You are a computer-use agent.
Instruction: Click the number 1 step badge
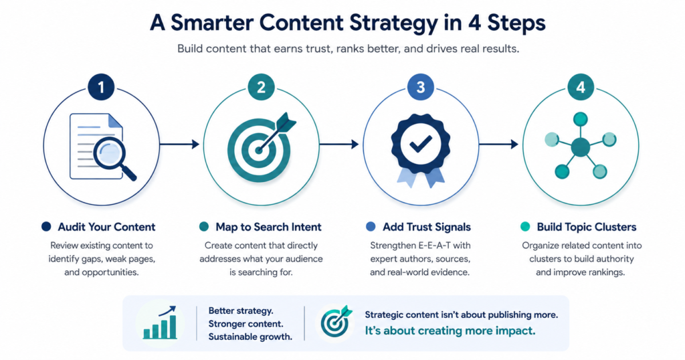[101, 88]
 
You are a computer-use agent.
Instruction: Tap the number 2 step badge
[261, 88]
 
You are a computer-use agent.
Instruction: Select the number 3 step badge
[421, 88]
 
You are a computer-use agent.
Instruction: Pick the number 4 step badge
[581, 88]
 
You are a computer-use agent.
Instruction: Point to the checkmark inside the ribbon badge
[421, 143]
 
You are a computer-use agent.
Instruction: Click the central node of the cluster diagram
[580, 147]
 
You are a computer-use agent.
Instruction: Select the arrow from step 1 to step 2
[179, 144]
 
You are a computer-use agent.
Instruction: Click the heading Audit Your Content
[106, 228]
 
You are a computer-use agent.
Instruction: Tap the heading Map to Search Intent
[268, 228]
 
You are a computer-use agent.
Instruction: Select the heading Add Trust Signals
[427, 228]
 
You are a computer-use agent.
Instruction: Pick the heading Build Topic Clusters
[587, 228]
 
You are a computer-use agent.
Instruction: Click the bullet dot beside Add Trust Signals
[371, 227]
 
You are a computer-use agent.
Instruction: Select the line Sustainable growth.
[250, 337]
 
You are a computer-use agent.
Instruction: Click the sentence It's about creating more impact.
[450, 331]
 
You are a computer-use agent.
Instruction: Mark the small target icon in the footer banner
[336, 323]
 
